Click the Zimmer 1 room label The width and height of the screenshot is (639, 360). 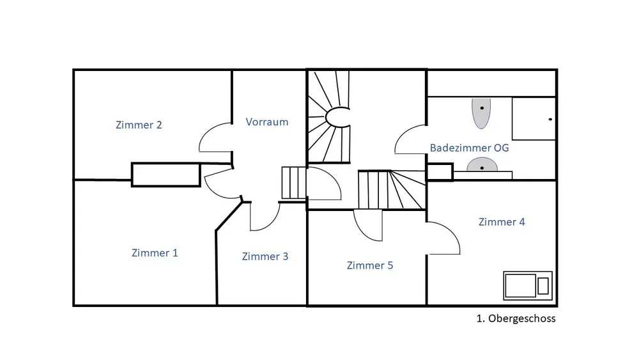click(155, 253)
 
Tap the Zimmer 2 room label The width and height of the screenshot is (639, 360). click(139, 125)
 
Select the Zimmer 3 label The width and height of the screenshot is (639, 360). click(265, 257)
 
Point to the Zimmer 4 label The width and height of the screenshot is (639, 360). click(502, 223)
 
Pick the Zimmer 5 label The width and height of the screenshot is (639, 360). click(369, 265)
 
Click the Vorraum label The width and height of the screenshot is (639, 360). click(267, 122)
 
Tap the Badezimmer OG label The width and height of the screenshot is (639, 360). click(470, 148)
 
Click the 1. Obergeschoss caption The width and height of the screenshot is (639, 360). click(516, 318)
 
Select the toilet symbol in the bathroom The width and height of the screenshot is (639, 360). click(481, 112)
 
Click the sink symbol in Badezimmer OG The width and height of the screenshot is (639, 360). click(482, 167)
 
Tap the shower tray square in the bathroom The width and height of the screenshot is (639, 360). click(533, 118)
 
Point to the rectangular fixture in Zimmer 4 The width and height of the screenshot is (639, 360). click(527, 285)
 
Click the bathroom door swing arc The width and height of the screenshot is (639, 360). click(409, 139)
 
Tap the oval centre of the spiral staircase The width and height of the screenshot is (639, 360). click(337, 116)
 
